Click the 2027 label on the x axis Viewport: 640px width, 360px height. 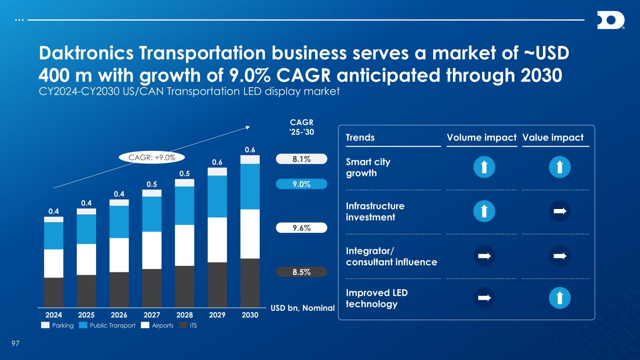pos(152,315)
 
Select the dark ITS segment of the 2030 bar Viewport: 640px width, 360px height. pos(250,281)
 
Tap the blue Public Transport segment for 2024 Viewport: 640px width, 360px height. pos(54,235)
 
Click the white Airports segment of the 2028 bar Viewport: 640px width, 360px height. pos(185,245)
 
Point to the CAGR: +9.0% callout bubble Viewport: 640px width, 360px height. pos(153,157)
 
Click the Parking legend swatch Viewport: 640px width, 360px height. pos(45,325)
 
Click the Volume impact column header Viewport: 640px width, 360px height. pos(482,137)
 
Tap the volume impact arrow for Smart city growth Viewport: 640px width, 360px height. pos(484,167)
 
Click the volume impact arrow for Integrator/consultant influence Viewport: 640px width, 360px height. pos(484,256)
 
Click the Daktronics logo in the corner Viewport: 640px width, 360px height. pos(610,21)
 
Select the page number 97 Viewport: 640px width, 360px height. pos(15,345)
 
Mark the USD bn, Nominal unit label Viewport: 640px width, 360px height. pos(302,308)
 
